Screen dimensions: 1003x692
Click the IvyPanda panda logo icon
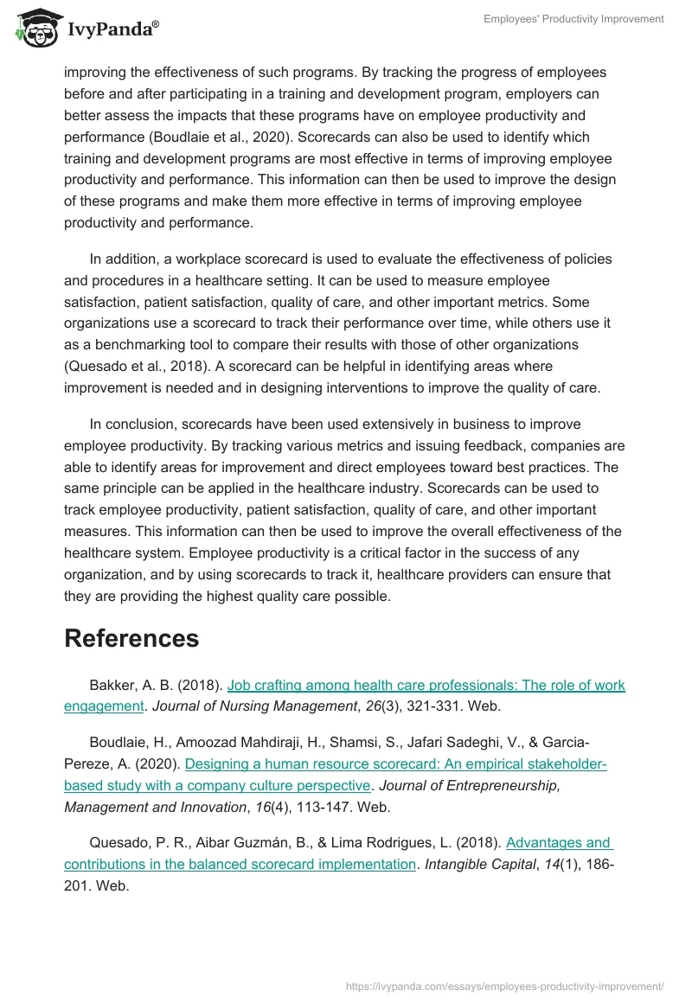click(35, 29)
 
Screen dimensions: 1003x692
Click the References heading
click(131, 638)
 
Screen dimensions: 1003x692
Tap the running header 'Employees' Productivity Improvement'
click(573, 19)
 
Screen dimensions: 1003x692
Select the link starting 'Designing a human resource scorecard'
click(396, 764)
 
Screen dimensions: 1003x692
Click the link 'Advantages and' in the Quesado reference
click(559, 843)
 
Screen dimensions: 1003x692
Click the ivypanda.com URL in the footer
click(504, 986)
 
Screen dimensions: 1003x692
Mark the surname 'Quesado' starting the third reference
click(115, 843)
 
